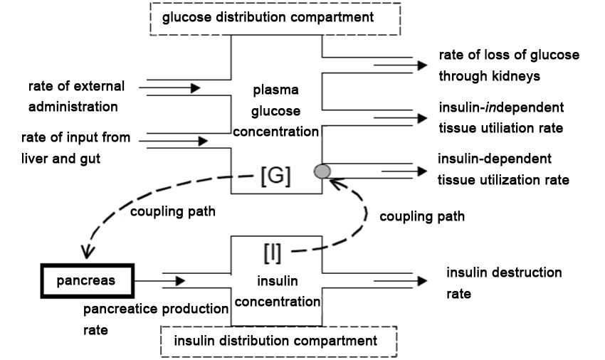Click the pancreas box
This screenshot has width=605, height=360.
point(88,281)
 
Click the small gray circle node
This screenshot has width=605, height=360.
point(322,171)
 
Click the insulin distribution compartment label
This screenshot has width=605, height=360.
point(277,341)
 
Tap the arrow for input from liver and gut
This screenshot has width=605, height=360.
point(174,142)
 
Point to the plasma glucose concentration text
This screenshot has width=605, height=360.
point(277,112)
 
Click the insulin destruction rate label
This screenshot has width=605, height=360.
point(504,282)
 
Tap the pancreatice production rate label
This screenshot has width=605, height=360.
point(154,319)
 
